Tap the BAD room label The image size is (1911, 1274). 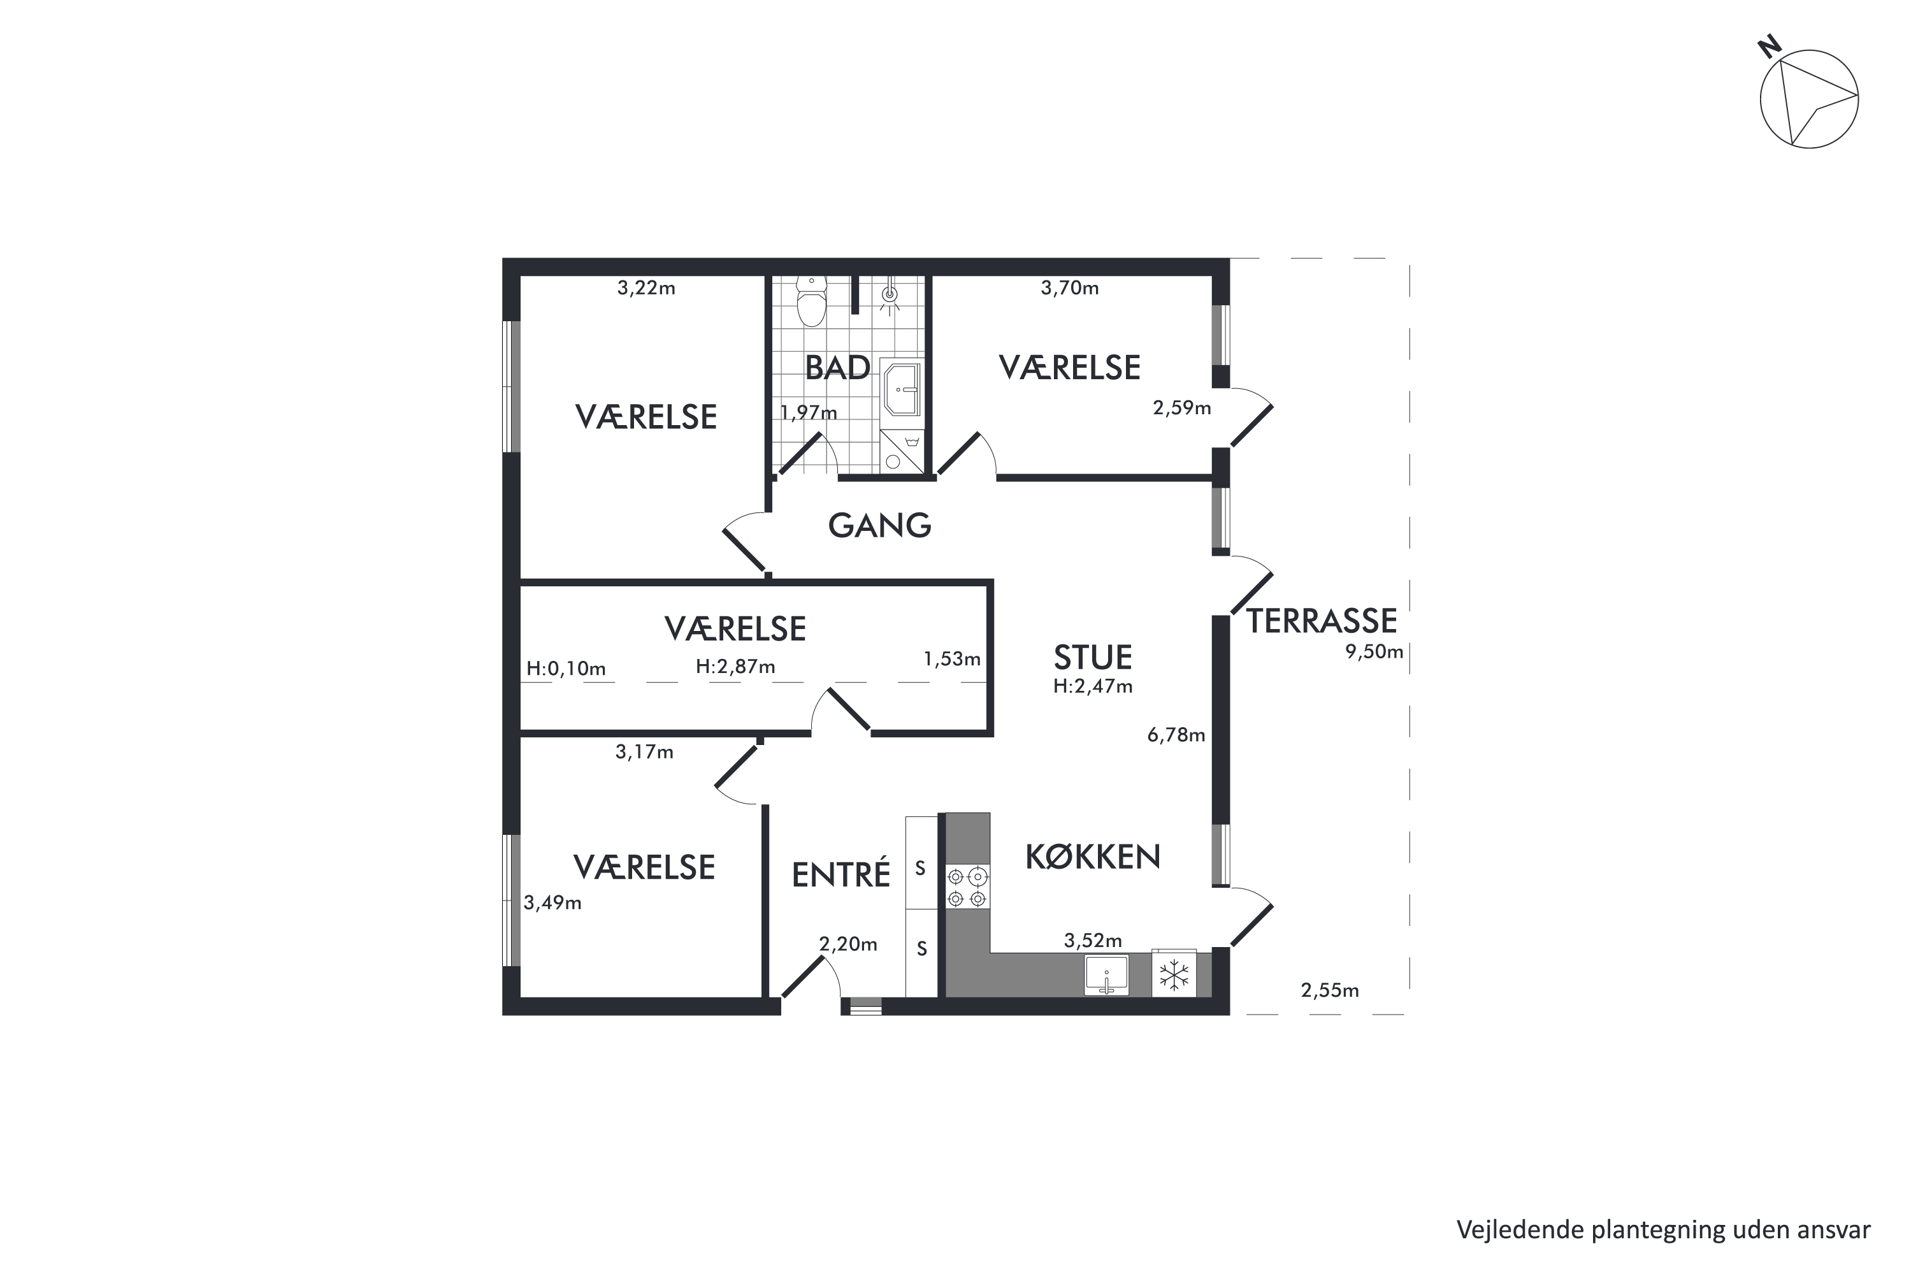click(x=837, y=368)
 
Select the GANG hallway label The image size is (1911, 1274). click(x=879, y=526)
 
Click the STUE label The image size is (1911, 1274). click(x=1092, y=657)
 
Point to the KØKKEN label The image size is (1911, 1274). click(x=1092, y=857)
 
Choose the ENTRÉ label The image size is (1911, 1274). click(x=840, y=874)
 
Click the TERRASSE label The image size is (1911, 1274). click(x=1322, y=621)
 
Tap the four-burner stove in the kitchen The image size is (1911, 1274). click(x=967, y=887)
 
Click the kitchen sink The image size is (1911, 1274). click(x=1106, y=975)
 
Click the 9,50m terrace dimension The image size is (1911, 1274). click(x=1374, y=651)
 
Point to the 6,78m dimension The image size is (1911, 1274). click(x=1176, y=735)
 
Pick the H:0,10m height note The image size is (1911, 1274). click(x=566, y=669)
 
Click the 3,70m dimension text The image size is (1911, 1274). click(x=1070, y=287)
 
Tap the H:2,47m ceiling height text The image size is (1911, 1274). click(x=1092, y=686)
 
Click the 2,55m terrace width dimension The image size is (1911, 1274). click(x=1329, y=990)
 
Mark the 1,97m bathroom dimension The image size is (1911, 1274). click(x=808, y=413)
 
